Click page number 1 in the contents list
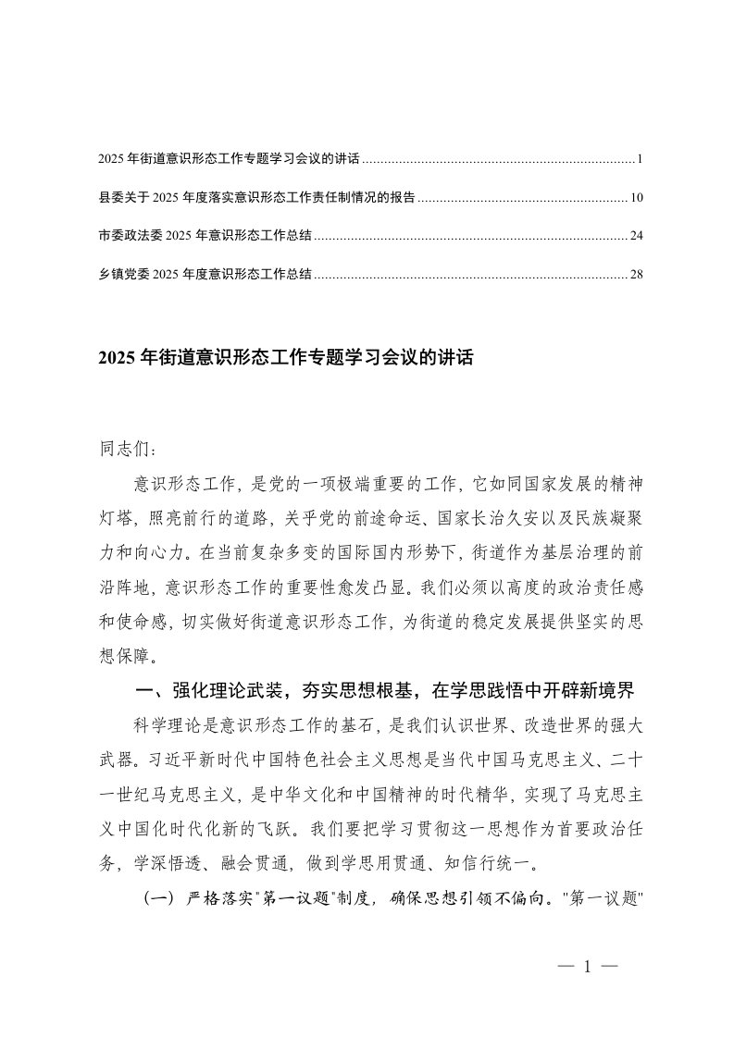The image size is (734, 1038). coord(640,160)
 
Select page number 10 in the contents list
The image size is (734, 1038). coord(636,198)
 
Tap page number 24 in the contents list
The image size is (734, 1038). coord(636,236)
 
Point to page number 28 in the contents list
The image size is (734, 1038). coord(636,274)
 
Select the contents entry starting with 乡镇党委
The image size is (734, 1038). coord(205,274)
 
